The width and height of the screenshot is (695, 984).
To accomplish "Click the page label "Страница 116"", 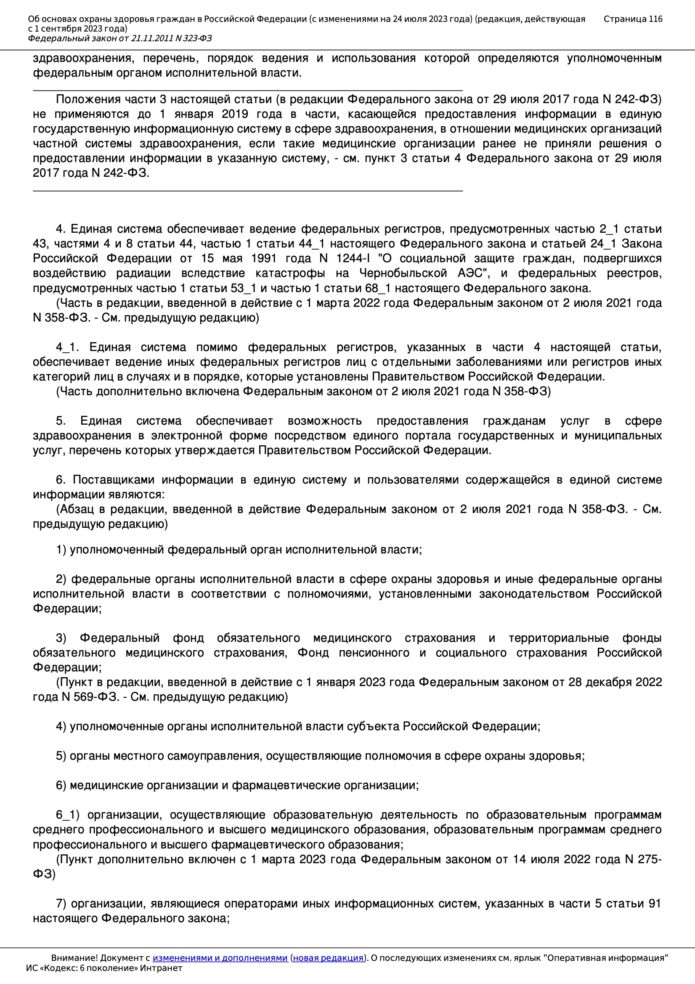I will (632, 19).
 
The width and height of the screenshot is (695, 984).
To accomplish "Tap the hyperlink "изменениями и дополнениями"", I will (220, 958).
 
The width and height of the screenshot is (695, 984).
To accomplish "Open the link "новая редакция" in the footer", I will (328, 958).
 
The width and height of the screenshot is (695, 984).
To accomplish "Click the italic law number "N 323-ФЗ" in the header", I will (193, 39).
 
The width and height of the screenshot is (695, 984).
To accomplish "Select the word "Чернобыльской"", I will (403, 274).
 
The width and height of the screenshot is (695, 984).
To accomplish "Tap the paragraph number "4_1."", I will (67, 347).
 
